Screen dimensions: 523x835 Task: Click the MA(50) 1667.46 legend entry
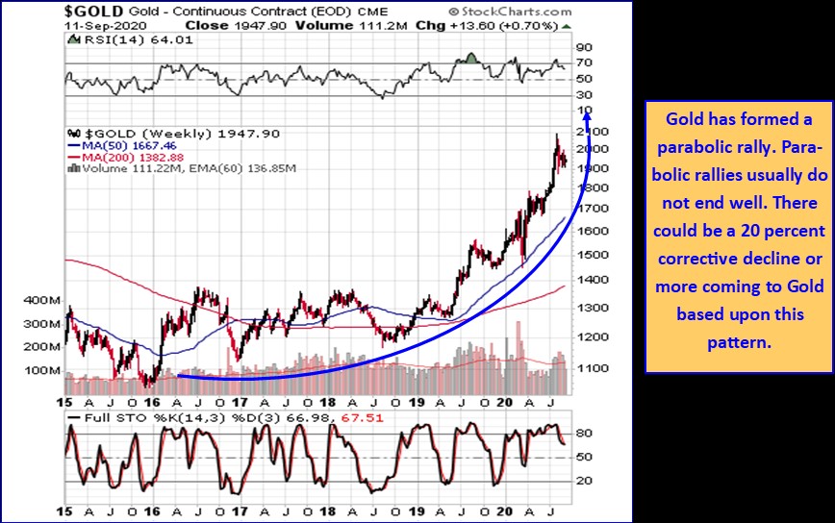122,147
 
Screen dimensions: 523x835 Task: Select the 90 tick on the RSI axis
583,46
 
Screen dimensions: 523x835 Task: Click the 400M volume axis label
42,301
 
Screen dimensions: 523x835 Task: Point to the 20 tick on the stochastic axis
583,480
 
